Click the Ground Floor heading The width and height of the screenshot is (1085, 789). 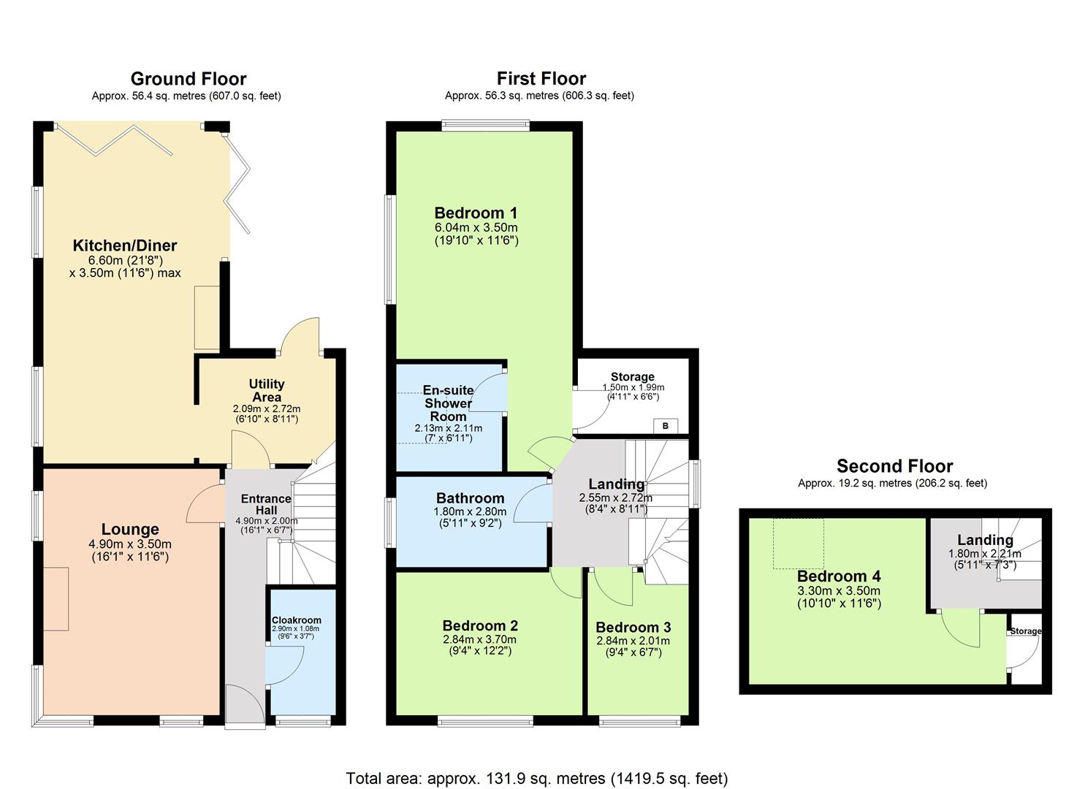pos(189,79)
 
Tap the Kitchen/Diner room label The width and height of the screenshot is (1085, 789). pos(125,245)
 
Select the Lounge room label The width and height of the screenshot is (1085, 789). pos(130,530)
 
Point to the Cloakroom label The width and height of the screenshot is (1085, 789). pos(297,620)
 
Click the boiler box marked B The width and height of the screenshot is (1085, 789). pos(666,426)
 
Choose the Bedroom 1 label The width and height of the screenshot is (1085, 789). pos(476,213)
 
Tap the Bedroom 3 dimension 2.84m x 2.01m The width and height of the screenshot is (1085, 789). pos(633,641)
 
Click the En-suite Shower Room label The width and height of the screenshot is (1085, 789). pos(449,403)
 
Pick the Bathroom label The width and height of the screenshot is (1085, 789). pos(471,498)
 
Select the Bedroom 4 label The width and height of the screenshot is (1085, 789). pos(839,576)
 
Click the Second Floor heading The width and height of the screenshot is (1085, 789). pos(895,466)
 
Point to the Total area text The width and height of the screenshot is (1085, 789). pos(537,779)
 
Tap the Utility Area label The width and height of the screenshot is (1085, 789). pos(267,390)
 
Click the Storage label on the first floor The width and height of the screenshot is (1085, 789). pos(633,377)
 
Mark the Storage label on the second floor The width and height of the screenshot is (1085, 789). pos(1026,631)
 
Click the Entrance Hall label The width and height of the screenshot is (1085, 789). pos(266,504)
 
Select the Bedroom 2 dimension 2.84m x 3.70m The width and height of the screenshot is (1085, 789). pos(480,639)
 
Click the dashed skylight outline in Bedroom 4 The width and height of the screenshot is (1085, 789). pos(799,544)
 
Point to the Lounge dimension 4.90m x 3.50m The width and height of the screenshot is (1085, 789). pos(130,544)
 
